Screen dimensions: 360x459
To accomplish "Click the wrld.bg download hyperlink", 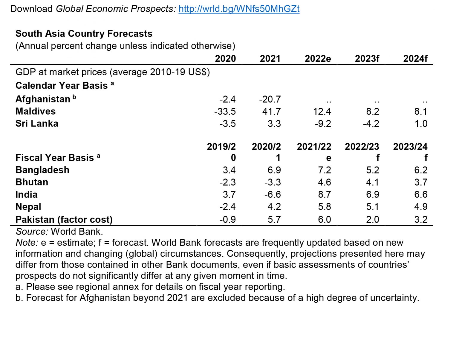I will point(239,9).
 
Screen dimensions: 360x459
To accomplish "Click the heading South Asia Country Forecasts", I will point(84,33).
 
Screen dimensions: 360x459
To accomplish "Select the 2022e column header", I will point(318,59).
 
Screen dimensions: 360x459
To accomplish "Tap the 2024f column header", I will point(415,59).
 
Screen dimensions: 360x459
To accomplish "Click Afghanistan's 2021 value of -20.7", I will point(270,99).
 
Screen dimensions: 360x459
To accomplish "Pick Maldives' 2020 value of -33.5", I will point(225,111).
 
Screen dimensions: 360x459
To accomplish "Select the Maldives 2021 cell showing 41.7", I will point(271,111).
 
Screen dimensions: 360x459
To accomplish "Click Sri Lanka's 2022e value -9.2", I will point(323,124).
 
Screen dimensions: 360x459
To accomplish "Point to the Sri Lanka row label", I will point(37,124).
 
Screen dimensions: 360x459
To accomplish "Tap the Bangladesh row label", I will point(42,170).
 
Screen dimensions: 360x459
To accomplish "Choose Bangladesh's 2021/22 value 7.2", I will point(325,170).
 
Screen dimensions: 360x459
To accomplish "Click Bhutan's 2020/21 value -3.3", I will point(273,182).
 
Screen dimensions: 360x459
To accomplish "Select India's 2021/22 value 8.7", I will point(325,194).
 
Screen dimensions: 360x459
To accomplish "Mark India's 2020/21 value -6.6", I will point(273,194).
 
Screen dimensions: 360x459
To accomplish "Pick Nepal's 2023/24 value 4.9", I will point(421,207).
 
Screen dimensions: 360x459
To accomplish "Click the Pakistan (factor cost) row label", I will point(64,219).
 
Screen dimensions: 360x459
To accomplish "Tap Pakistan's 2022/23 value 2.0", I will point(373,219).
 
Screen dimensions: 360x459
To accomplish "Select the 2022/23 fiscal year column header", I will point(362,147).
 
